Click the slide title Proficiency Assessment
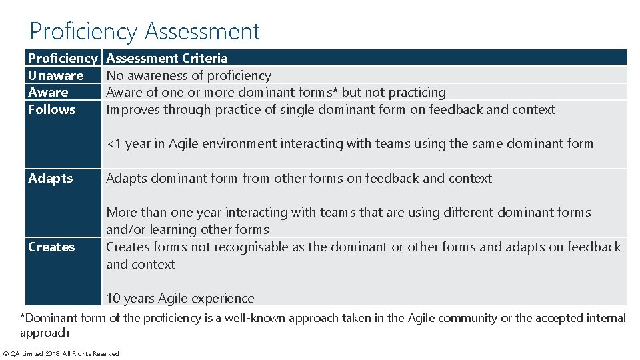click(x=145, y=31)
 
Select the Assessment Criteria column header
click(x=167, y=58)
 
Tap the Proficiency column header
click(x=63, y=58)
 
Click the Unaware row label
click(x=56, y=75)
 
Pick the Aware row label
click(x=48, y=92)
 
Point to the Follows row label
click(x=52, y=109)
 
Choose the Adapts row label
click(x=51, y=178)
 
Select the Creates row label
click(x=51, y=247)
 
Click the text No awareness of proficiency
click(x=189, y=75)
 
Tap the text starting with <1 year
click(x=349, y=143)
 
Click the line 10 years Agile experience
click(x=180, y=298)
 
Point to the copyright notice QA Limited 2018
click(x=61, y=353)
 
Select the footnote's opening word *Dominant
click(x=49, y=318)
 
